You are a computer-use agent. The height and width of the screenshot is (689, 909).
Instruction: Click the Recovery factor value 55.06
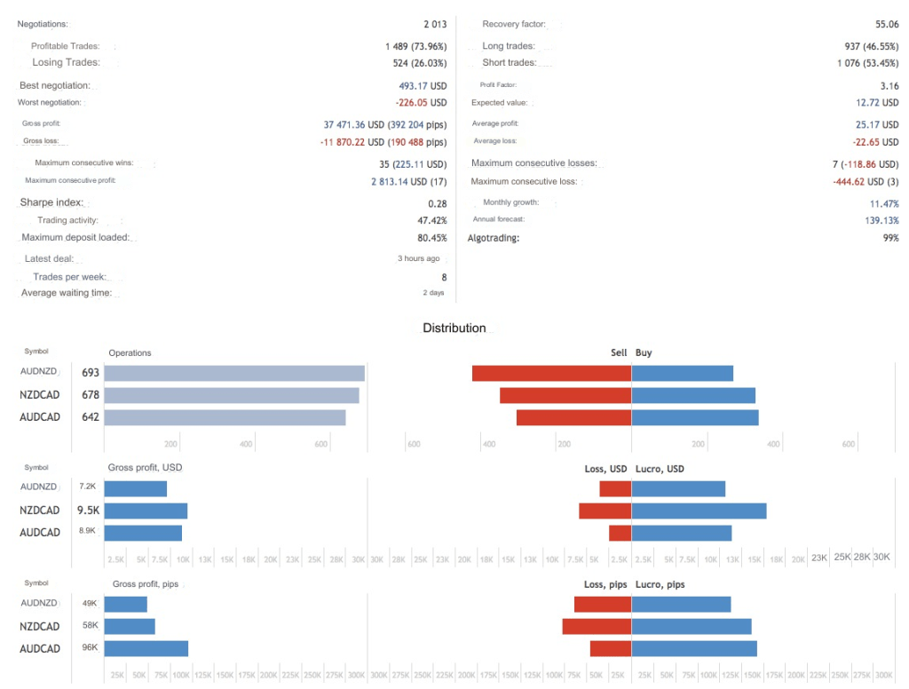coord(887,25)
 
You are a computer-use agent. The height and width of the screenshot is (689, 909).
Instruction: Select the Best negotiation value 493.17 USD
coord(423,86)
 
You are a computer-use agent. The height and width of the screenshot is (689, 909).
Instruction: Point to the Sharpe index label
coord(51,203)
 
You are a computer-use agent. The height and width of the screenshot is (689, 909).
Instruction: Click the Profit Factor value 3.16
coord(889,86)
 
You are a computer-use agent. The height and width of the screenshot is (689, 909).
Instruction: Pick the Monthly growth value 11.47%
coord(883,203)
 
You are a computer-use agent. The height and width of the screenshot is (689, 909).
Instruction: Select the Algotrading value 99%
coord(890,238)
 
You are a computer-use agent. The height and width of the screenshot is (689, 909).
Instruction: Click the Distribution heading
coord(454,329)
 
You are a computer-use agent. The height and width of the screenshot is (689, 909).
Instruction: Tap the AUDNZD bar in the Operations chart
coord(234,374)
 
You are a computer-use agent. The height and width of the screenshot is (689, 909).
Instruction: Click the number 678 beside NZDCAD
coord(90,395)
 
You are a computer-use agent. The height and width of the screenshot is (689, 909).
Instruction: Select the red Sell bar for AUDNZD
coord(551,374)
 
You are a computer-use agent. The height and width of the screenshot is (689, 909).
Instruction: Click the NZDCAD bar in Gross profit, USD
coord(146,511)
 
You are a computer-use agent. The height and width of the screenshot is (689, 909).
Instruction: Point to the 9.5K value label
coord(87,511)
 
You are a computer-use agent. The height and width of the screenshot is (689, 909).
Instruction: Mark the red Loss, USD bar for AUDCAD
coord(620,533)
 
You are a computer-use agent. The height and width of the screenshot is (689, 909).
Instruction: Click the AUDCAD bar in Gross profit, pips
coord(146,648)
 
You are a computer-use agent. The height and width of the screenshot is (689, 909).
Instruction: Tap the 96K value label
coord(89,648)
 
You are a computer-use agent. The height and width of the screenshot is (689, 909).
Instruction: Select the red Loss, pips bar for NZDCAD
coord(597,627)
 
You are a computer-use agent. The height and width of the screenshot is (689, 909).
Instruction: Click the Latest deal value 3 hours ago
coord(418,259)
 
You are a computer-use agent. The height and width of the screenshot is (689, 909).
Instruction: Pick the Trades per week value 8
coord(444,278)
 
